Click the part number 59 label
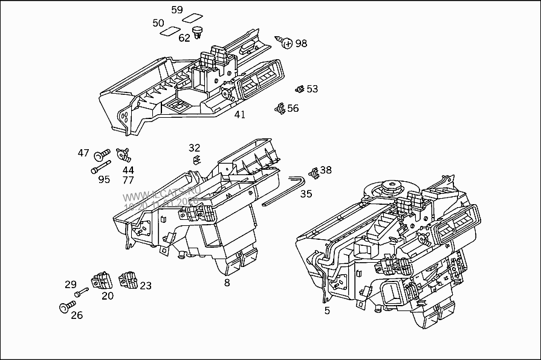click(177, 10)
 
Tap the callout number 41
click(240, 114)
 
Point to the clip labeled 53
click(299, 89)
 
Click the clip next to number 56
click(279, 109)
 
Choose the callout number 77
click(128, 180)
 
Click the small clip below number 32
click(195, 159)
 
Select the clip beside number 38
click(313, 172)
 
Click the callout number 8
click(227, 281)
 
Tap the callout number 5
click(327, 311)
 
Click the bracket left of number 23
click(128, 280)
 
